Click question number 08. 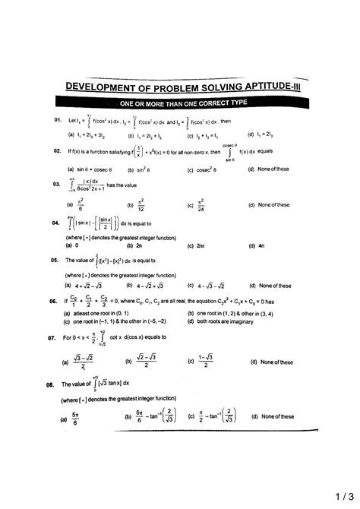click(x=50, y=385)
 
